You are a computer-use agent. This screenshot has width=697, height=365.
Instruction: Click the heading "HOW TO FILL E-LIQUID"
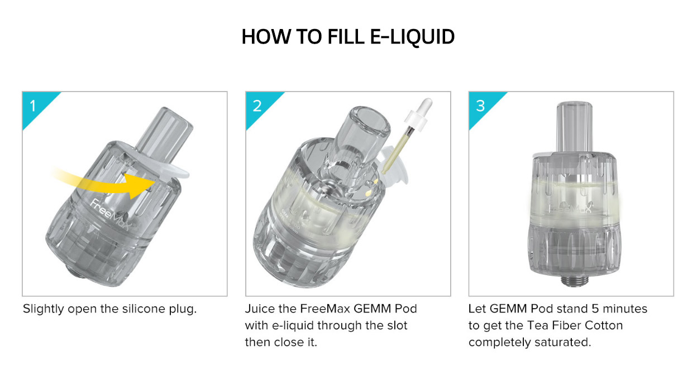348,37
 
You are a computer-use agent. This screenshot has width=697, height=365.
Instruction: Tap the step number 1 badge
34,105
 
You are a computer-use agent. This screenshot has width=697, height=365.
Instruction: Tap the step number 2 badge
257,105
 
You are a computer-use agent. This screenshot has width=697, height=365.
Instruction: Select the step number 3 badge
480,105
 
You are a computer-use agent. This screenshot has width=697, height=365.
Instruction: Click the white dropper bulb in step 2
424,109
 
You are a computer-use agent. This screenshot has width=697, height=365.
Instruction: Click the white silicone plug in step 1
170,168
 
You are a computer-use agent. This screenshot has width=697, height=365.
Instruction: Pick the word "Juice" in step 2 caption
259,309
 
